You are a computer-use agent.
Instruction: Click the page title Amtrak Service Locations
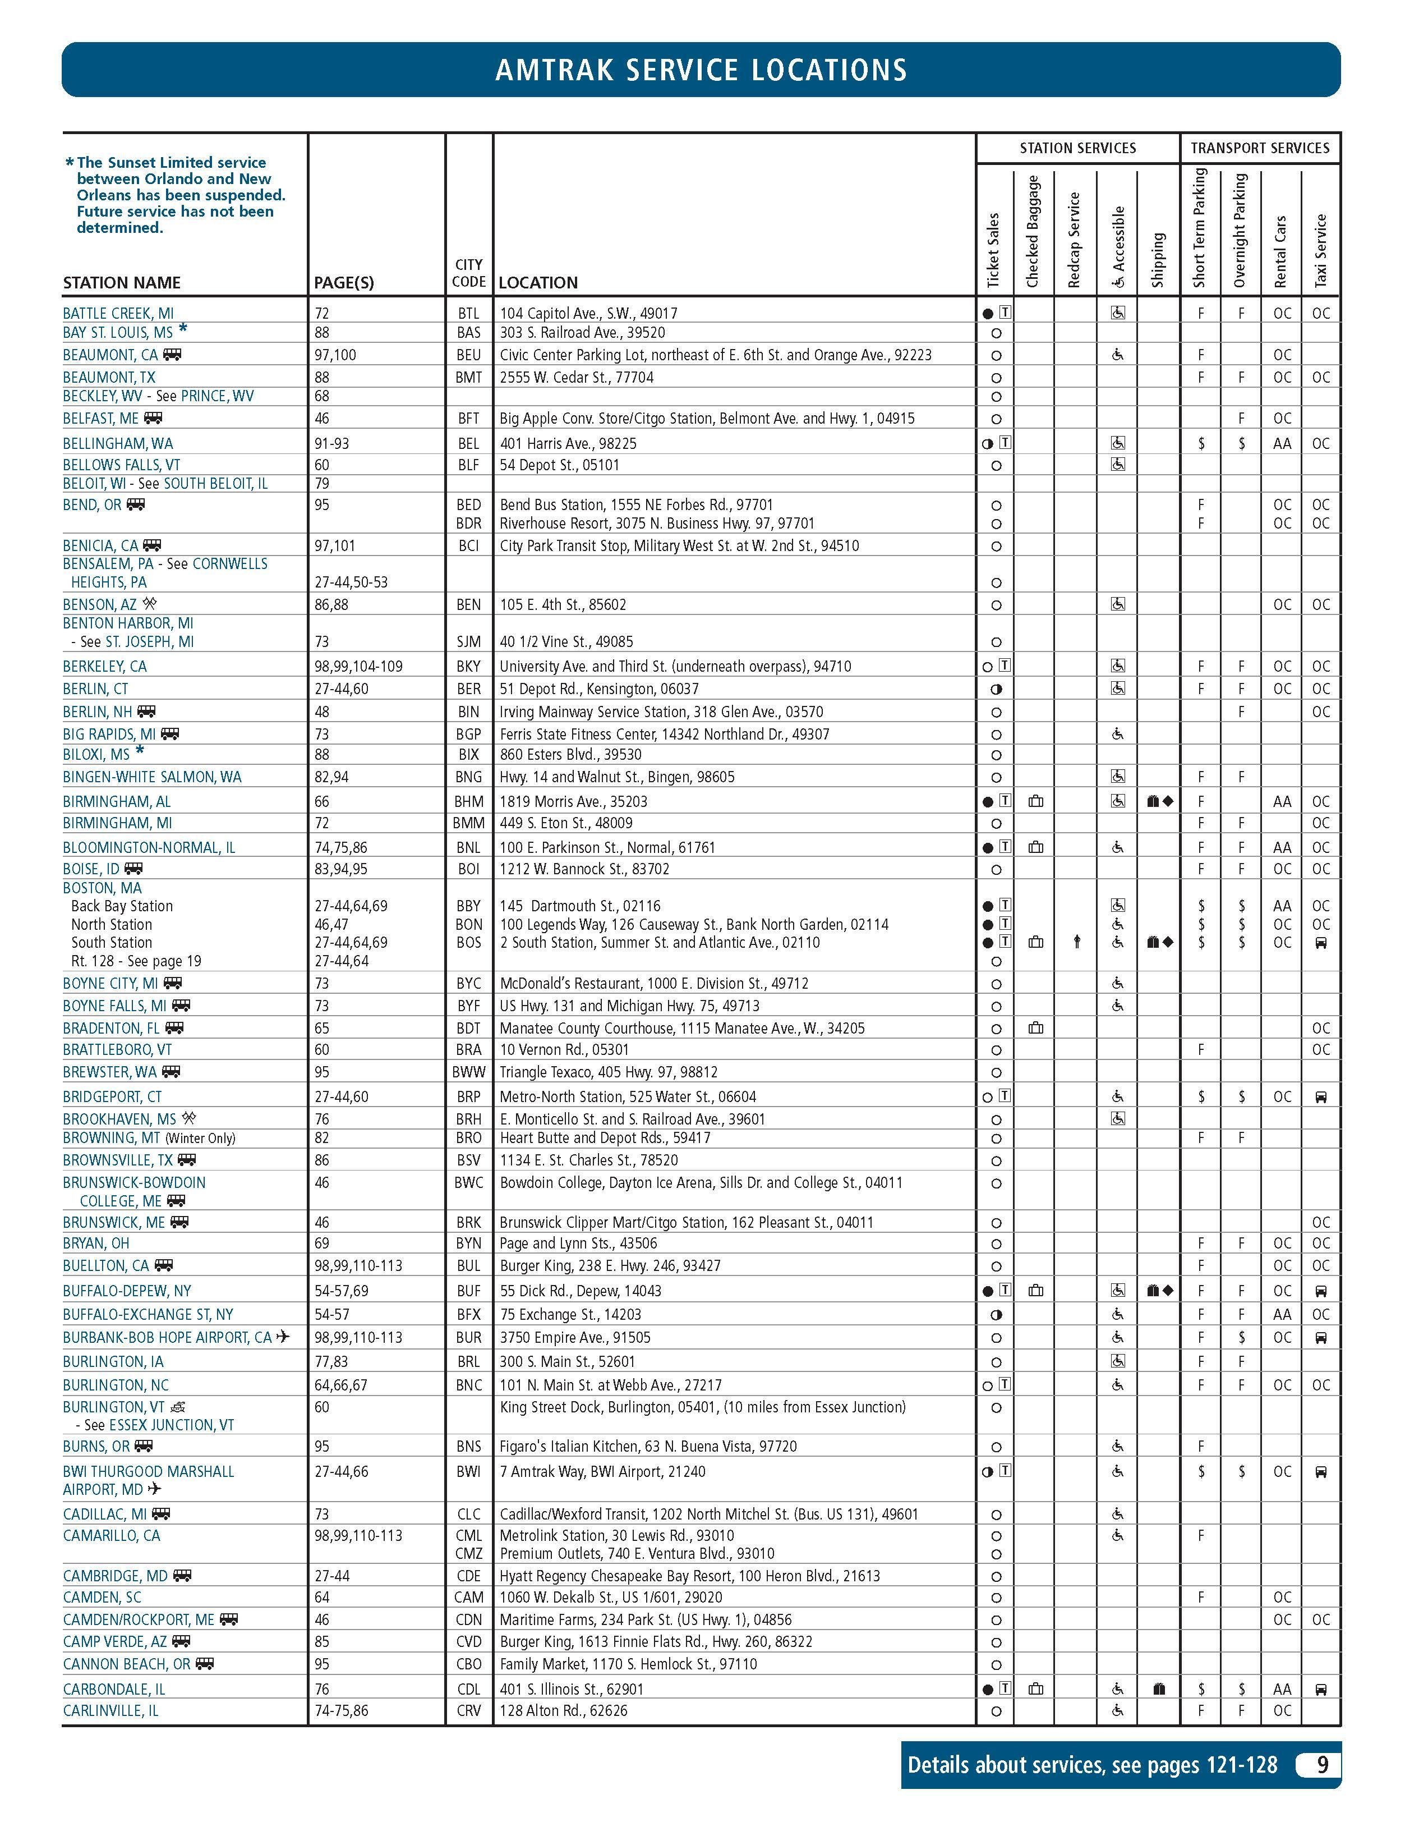pyautogui.click(x=701, y=70)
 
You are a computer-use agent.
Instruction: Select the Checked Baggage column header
pyautogui.click(x=1032, y=231)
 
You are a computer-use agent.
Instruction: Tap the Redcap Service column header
pyautogui.click(x=1075, y=240)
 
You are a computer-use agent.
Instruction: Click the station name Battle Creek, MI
pyautogui.click(x=118, y=314)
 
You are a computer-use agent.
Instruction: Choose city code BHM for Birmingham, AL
pyautogui.click(x=468, y=801)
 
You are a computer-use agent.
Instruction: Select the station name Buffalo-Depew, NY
pyautogui.click(x=126, y=1291)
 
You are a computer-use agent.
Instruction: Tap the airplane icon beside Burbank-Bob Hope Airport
pyautogui.click(x=283, y=1337)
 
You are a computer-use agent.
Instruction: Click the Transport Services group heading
pyautogui.click(x=1260, y=148)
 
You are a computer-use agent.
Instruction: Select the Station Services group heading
pyautogui.click(x=1077, y=148)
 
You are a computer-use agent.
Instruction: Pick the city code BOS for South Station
pyautogui.click(x=468, y=943)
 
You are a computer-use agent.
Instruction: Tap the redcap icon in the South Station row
pyautogui.click(x=1076, y=943)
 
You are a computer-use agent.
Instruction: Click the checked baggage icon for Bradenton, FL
pyautogui.click(x=1035, y=1028)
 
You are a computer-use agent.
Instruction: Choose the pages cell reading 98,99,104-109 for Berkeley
pyautogui.click(x=358, y=667)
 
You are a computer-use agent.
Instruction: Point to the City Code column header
pyautogui.click(x=468, y=273)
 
